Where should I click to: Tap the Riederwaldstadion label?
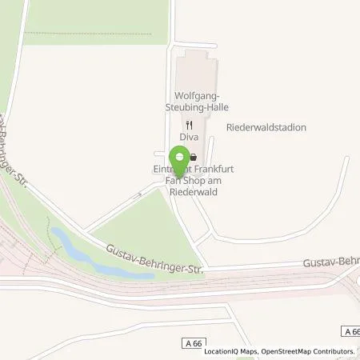point(266,127)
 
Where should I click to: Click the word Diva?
point(188,137)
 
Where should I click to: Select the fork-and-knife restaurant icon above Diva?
point(189,124)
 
